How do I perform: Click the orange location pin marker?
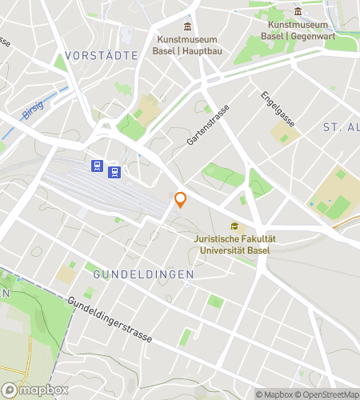[x=181, y=200]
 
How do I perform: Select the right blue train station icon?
[x=115, y=171]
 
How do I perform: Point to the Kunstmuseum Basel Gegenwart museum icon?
[x=298, y=11]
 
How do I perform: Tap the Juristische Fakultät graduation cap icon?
[x=234, y=226]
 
